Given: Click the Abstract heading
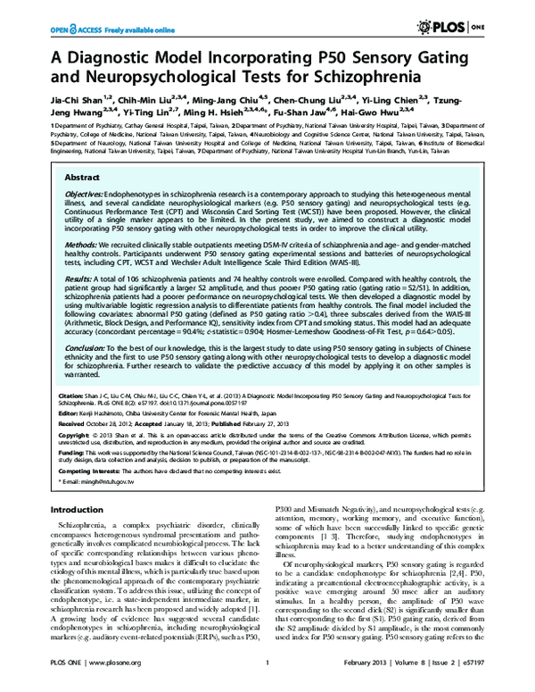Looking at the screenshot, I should [83, 178].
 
